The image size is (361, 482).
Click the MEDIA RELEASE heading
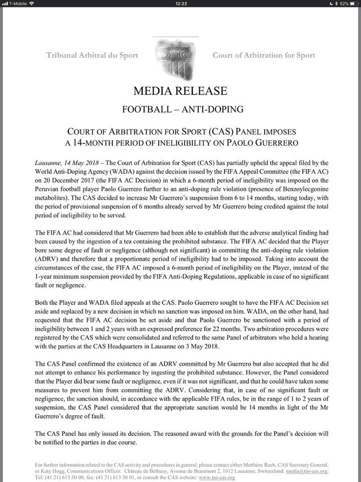(x=180, y=91)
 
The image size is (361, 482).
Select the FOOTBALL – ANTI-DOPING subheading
(x=180, y=109)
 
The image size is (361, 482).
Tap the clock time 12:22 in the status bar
(x=181, y=4)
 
